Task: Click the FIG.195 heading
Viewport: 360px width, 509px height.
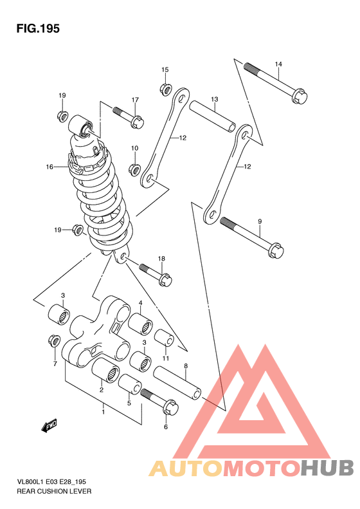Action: [x=38, y=29]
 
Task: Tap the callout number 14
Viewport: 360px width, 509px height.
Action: [x=278, y=64]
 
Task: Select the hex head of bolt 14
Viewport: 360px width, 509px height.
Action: [x=300, y=96]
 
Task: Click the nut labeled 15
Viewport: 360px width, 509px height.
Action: [x=165, y=89]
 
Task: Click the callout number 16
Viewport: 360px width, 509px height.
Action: [x=50, y=167]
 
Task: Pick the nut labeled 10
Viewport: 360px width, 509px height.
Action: [x=134, y=169]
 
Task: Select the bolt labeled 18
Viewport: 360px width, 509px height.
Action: [x=156, y=275]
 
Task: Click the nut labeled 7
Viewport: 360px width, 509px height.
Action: [x=53, y=341]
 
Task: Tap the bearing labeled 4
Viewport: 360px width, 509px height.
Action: [x=140, y=323]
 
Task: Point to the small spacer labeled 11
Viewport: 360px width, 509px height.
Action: [x=164, y=338]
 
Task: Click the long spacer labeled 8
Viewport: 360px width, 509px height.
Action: [x=177, y=383]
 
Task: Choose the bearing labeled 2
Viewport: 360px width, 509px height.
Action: [x=105, y=370]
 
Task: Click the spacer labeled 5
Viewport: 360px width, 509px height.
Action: [x=130, y=384]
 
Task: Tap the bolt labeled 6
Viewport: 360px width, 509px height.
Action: [x=160, y=402]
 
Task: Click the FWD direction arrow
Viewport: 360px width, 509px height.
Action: [x=50, y=425]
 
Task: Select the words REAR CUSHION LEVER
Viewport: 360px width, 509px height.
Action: [x=54, y=491]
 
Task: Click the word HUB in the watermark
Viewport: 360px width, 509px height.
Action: [x=327, y=468]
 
